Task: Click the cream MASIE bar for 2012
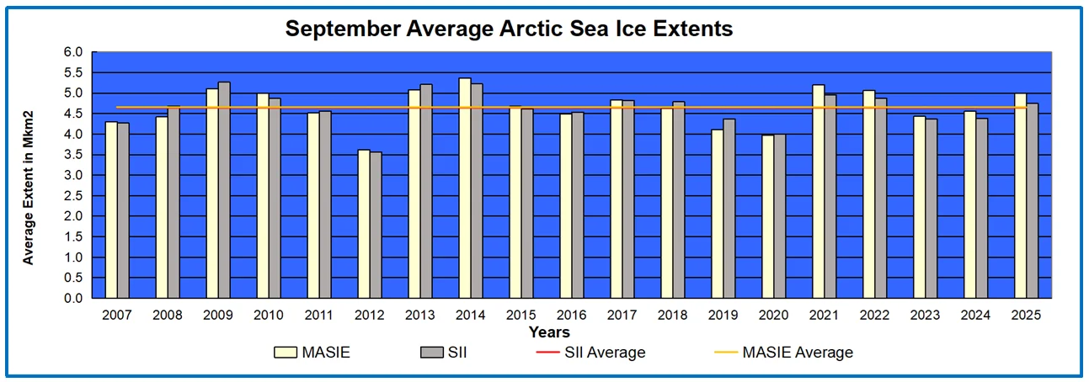coord(364,224)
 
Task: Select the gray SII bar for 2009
coord(224,190)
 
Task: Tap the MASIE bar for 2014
coord(465,188)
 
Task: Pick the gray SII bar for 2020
coord(780,216)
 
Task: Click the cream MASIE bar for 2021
coord(818,191)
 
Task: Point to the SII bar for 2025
coord(1032,200)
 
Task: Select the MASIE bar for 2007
coord(111,210)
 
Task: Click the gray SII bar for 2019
coord(729,208)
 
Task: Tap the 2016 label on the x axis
coord(571,315)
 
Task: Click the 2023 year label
coord(925,315)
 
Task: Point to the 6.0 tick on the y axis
coord(73,52)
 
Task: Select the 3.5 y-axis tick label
coord(73,155)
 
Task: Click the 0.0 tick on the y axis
coord(73,299)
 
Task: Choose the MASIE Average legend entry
coord(783,352)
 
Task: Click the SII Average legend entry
coord(590,352)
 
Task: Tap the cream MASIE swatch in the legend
coord(286,353)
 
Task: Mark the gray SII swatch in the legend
coord(432,353)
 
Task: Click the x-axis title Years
coord(549,332)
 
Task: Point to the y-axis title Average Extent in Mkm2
coord(28,188)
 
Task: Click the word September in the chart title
coord(344,29)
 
